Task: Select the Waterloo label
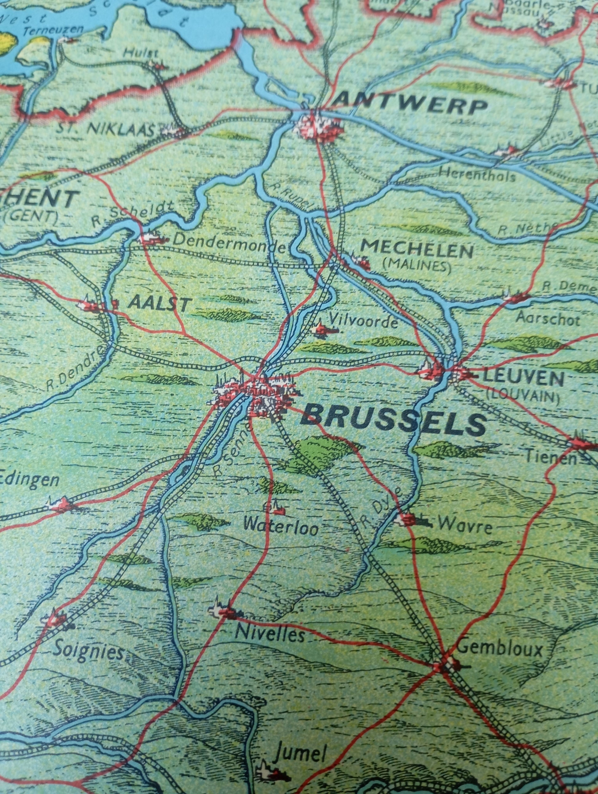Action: [281, 528]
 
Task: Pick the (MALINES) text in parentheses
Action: [417, 266]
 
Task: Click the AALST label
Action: [158, 304]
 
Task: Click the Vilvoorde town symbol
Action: [321, 328]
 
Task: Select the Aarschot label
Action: [548, 319]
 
